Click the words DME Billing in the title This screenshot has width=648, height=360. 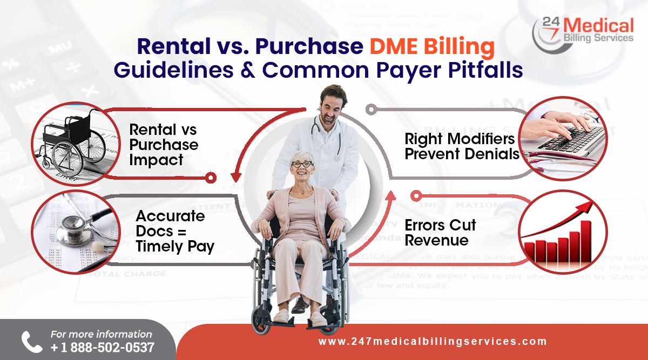(x=432, y=47)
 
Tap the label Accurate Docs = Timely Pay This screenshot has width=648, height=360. (x=174, y=231)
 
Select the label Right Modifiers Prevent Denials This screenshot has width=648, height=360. (x=462, y=146)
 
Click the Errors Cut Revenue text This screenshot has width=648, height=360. (x=440, y=232)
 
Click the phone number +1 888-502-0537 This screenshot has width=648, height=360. (x=102, y=347)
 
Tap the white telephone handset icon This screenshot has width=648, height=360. (x=31, y=342)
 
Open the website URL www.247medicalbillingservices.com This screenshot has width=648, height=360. (x=433, y=341)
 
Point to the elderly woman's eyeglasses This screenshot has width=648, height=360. (x=301, y=164)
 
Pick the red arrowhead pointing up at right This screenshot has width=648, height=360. (x=390, y=194)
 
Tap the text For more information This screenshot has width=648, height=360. (x=101, y=335)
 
